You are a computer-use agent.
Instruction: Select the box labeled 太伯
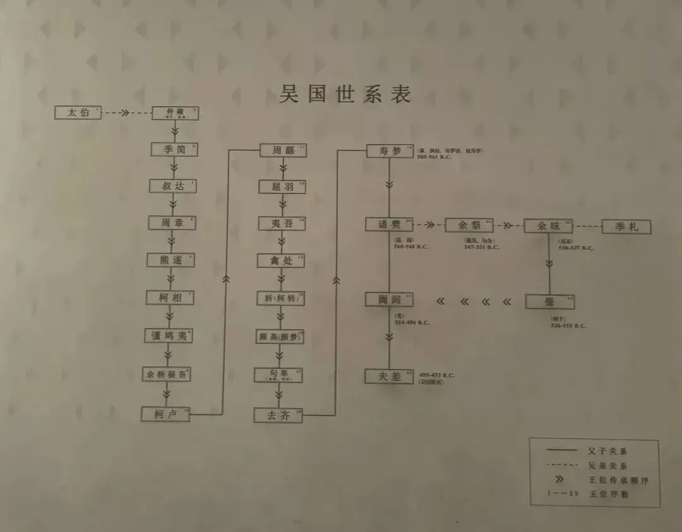[78, 113]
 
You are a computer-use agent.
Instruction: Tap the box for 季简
[174, 150]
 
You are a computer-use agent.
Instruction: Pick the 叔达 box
[172, 186]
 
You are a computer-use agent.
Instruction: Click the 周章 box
[172, 223]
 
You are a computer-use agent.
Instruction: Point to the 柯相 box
[170, 298]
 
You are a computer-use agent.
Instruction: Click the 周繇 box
[283, 150]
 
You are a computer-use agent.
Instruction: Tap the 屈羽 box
[282, 187]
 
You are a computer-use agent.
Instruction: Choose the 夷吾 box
[281, 224]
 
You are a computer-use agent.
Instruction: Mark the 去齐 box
[278, 415]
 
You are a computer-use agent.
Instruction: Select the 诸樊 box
[389, 225]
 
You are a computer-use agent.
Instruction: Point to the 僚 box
[549, 301]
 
